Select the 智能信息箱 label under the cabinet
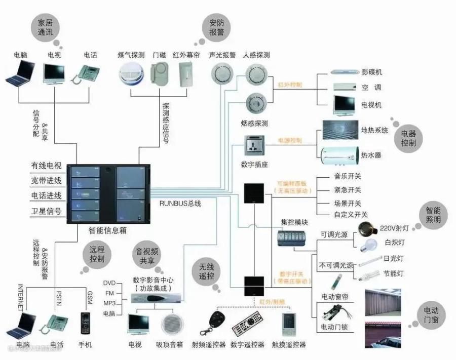coord(107,230)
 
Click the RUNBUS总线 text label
coord(180,204)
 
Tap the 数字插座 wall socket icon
coord(254,147)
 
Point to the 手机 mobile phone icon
coord(85,324)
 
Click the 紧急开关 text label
coord(348,190)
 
